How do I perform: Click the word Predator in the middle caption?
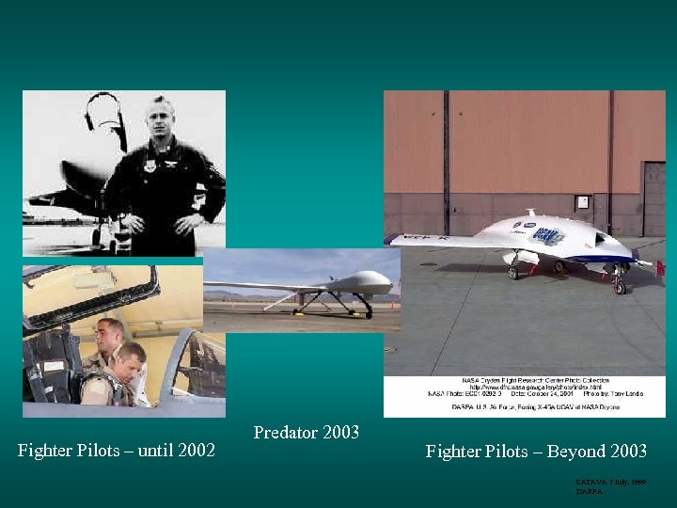286,433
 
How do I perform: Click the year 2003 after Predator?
341,433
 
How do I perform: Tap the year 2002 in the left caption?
196,452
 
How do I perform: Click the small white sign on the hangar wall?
583,201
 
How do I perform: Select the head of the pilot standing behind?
110,332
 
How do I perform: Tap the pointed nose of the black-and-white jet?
30,200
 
